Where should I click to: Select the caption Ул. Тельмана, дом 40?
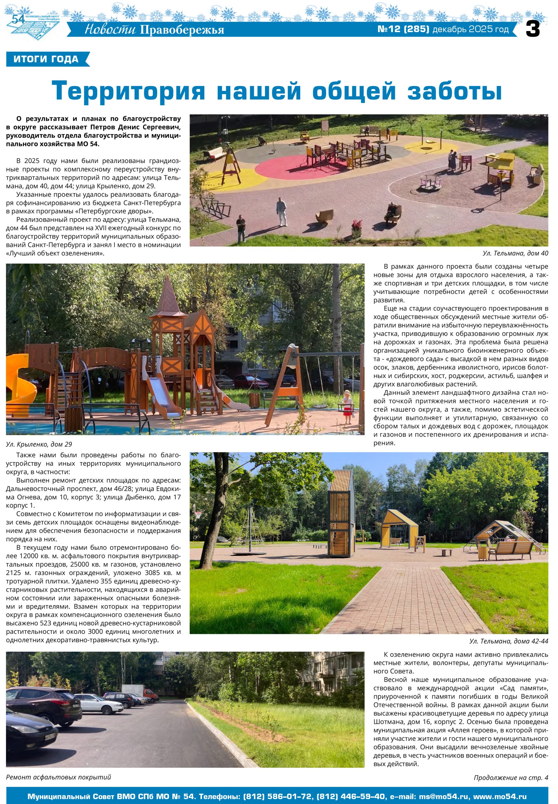(x=515, y=253)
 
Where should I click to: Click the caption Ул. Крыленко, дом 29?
(x=39, y=444)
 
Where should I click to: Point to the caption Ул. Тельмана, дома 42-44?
(x=508, y=641)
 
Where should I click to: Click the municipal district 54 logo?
(x=33, y=24)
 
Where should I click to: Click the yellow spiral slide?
(x=21, y=378)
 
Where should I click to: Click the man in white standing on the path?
(x=281, y=211)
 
